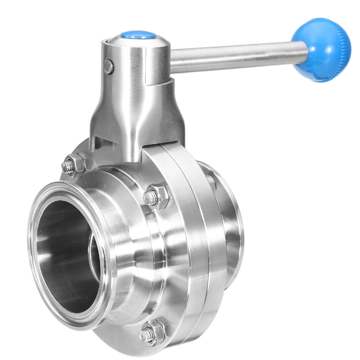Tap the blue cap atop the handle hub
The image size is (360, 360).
click(x=138, y=35)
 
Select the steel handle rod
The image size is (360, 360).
click(x=235, y=57)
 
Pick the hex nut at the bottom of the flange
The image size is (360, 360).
click(x=153, y=331)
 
